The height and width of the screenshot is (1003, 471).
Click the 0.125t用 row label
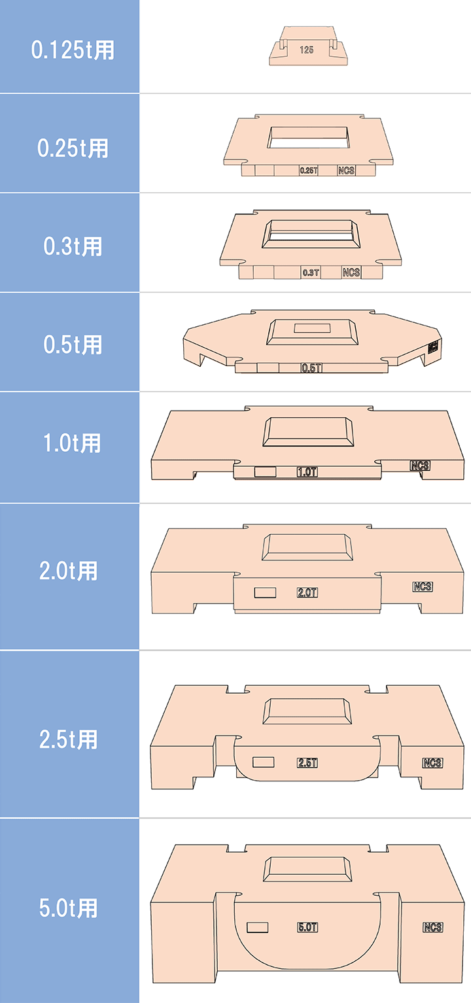point(73,50)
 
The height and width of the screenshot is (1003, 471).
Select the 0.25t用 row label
point(73,148)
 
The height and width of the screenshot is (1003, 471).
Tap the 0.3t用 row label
point(73,246)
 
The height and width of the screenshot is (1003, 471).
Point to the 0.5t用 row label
point(73,345)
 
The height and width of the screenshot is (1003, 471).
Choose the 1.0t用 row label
point(73,443)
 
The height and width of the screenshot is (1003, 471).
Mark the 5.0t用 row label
point(69,908)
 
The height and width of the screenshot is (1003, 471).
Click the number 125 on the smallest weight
point(307,50)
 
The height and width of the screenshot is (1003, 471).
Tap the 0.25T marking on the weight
point(308,171)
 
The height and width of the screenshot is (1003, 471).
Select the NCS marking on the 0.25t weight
point(347,171)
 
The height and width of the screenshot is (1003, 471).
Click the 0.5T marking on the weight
point(311,368)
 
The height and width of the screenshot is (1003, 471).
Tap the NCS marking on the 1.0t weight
point(420,466)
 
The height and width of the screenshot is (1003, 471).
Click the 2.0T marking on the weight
point(307,593)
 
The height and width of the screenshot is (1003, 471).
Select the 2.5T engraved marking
point(307,763)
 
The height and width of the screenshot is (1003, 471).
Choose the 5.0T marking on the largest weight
point(307,927)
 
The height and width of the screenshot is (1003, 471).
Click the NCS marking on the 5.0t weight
point(432,927)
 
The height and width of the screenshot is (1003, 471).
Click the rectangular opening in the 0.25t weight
point(307,138)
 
